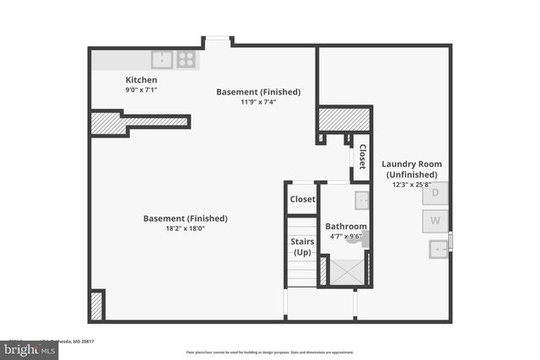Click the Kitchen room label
pos(142,80)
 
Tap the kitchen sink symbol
pos(162,60)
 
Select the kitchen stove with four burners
pos(186,60)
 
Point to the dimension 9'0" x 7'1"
pos(142,89)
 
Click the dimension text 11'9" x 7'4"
pos(258,102)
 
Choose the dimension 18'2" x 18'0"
pos(185,228)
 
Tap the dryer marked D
pos(435,193)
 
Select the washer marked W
pos(435,222)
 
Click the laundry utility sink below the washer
pos(437,249)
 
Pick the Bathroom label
pos(346,226)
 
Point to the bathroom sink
pos(361,201)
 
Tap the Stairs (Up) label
pos(303,247)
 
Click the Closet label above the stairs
pos(302,200)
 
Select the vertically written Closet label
pos(362,157)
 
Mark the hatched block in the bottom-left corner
pos(97,304)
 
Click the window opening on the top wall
pos(217,40)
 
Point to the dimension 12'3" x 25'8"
pos(411,185)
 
